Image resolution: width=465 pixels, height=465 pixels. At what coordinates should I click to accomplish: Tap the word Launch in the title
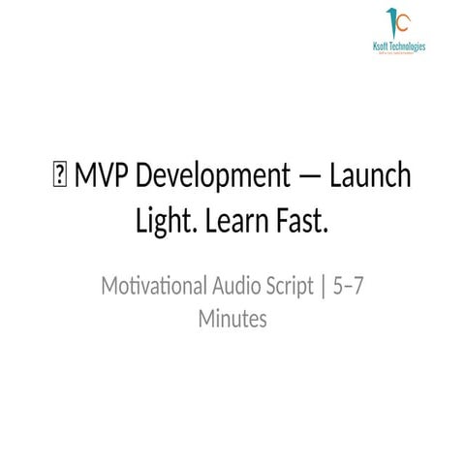click(x=371, y=178)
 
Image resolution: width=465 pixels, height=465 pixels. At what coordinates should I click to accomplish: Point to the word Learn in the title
click(x=240, y=222)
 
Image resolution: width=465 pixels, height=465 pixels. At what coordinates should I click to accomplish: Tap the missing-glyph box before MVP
click(x=59, y=179)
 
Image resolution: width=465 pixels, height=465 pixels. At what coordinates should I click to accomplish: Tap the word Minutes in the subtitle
click(x=232, y=317)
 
